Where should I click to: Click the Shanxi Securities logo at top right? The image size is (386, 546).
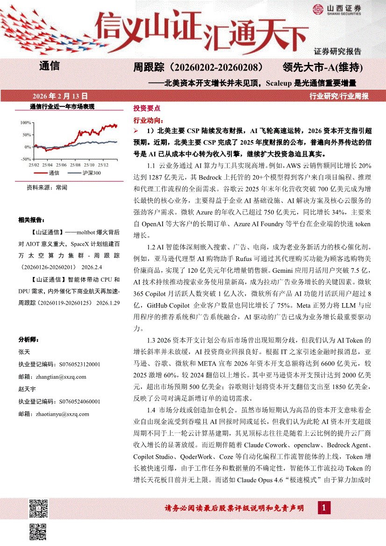[x=336, y=9]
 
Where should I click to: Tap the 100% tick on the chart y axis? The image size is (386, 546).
[x=25, y=122]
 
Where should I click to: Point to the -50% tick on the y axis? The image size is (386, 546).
[x=25, y=159]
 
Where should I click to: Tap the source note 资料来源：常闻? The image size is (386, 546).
[x=47, y=187]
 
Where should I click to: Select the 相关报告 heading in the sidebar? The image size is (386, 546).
[x=31, y=219]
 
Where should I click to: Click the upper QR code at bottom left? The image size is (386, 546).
[x=38, y=509]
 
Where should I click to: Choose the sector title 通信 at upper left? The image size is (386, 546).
[x=50, y=66]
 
